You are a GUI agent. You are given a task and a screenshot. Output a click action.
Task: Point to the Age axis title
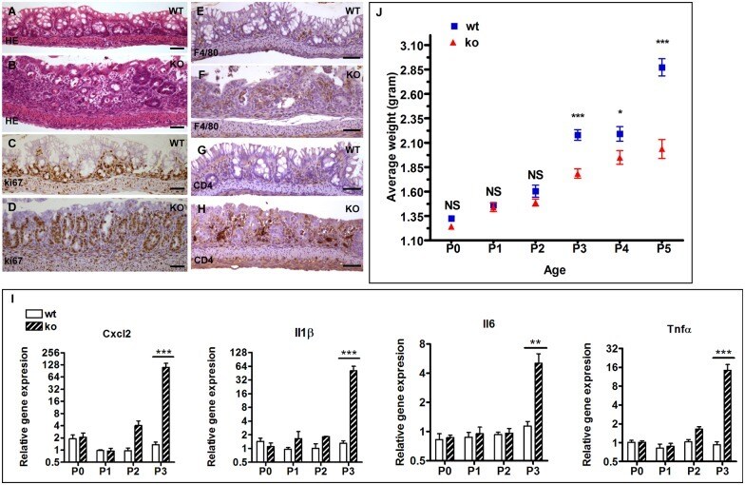[x=551, y=267]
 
